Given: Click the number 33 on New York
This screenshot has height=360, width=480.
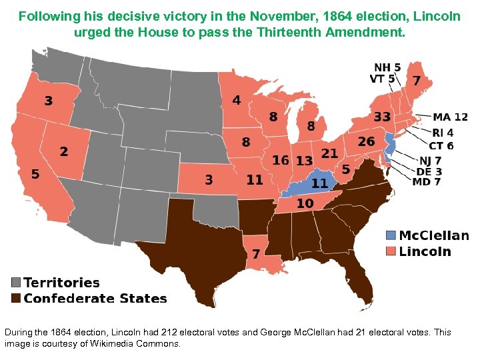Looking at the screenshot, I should point(382,117).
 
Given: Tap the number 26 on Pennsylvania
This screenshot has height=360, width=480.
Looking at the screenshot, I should point(366,141).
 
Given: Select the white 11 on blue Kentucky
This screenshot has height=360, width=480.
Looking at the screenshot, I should point(319,183).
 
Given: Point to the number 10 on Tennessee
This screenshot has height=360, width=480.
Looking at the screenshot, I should point(305,203).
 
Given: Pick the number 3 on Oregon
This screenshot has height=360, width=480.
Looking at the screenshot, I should point(49,101).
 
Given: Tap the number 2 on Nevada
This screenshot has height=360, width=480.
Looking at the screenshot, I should point(63,151).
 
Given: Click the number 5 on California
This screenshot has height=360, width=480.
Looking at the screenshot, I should point(35,174).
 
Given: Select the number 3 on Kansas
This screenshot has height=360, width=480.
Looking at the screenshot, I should point(209,179).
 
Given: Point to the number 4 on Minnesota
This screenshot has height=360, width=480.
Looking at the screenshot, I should point(236,101).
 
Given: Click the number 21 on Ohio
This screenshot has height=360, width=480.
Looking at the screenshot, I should point(329,153).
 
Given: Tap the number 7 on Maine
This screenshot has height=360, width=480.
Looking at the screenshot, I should point(416,81).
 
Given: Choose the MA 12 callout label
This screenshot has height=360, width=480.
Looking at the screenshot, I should point(451,117).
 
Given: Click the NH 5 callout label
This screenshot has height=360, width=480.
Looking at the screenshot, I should point(387,67).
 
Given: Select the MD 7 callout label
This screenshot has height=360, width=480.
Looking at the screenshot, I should point(427,182).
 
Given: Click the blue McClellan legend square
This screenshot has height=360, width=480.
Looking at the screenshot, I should point(391,235).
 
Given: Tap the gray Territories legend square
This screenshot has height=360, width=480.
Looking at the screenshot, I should point(15,282).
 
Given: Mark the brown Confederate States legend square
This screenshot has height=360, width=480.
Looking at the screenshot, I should point(15,298).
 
